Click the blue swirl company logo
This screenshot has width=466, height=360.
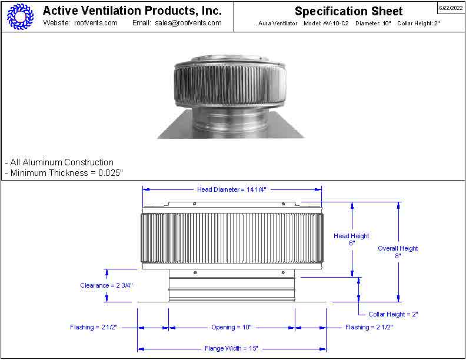point(20,16)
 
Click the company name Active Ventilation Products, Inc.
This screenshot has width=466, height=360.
point(132,11)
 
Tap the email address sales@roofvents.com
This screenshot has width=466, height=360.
point(188,23)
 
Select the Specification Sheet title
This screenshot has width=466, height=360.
point(348,11)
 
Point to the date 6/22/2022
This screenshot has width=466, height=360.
point(451,8)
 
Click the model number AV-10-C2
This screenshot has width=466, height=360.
point(335,23)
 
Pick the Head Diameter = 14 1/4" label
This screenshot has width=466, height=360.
point(232,189)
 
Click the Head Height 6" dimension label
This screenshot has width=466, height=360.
point(351,239)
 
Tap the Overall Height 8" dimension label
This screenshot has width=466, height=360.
point(398,252)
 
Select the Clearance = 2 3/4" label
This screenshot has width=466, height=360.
point(106,285)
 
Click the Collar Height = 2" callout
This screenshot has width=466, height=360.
point(393,314)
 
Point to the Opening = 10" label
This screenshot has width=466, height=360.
point(231,327)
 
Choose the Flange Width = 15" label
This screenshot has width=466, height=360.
point(231,348)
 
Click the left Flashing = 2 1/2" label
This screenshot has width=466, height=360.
point(94,327)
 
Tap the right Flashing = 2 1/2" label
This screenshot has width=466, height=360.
point(369,327)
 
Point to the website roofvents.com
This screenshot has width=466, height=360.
point(96,23)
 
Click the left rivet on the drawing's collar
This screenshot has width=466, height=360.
point(195,272)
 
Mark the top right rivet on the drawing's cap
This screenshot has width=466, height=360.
point(283,204)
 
